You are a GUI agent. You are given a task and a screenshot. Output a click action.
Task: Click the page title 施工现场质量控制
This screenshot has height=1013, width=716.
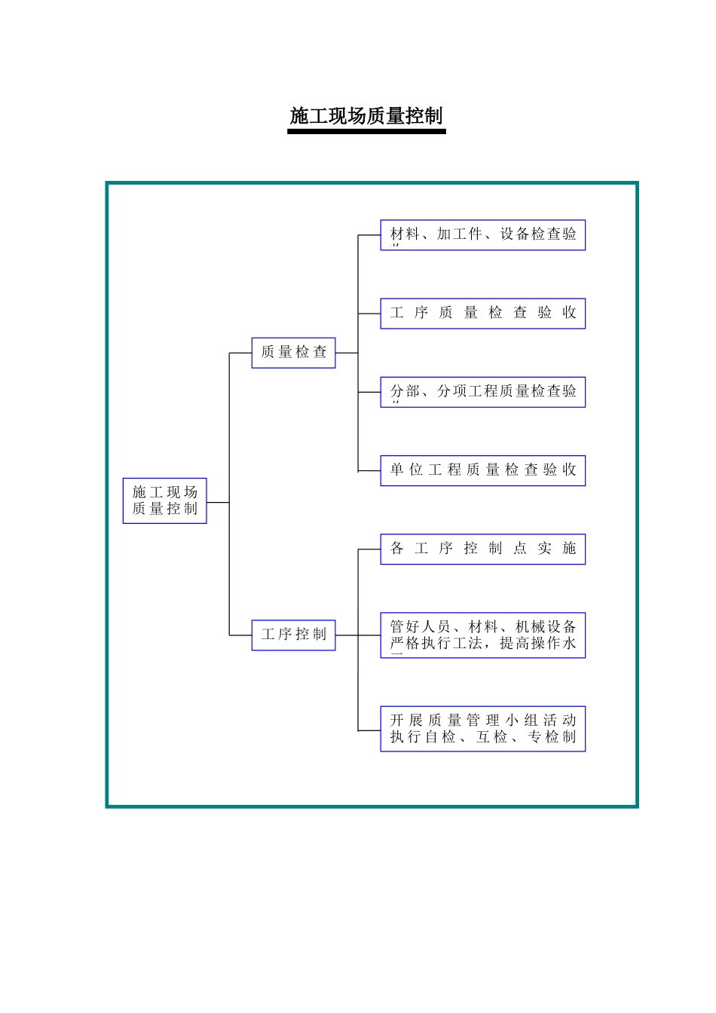click(x=366, y=116)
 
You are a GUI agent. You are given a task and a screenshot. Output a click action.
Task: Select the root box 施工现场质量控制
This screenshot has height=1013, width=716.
click(x=164, y=500)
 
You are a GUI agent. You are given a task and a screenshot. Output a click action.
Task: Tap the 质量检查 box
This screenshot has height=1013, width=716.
click(x=293, y=352)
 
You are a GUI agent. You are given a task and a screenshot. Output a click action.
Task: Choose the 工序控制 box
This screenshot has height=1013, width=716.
click(x=293, y=635)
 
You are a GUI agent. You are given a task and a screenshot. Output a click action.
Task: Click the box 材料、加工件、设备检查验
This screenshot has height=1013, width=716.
click(x=482, y=235)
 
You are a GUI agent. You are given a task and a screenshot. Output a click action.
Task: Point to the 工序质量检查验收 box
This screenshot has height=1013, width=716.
click(x=482, y=314)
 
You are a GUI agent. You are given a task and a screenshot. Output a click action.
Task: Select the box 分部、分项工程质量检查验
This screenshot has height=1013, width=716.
click(x=482, y=392)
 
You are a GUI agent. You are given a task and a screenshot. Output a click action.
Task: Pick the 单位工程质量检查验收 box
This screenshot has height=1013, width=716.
click(x=482, y=470)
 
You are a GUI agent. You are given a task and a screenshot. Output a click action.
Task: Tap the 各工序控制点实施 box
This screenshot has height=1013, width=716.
click(x=482, y=549)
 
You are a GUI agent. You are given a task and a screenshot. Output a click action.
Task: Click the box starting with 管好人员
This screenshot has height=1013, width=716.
click(x=482, y=635)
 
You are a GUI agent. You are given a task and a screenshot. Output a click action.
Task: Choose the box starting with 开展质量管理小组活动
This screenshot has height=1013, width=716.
click(x=482, y=729)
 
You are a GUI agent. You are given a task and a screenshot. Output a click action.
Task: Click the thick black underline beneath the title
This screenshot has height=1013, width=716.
click(x=366, y=132)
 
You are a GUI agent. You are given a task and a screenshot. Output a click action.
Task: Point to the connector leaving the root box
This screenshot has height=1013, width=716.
click(x=218, y=502)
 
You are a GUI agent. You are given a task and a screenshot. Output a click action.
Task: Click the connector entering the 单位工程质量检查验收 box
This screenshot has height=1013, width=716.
click(x=369, y=471)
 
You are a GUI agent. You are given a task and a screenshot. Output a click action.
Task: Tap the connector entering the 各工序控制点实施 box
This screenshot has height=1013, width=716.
click(x=369, y=549)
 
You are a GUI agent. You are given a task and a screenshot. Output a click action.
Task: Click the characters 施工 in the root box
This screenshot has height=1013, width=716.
click(x=148, y=492)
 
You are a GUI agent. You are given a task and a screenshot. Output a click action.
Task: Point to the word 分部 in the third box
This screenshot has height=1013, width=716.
click(x=405, y=391)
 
